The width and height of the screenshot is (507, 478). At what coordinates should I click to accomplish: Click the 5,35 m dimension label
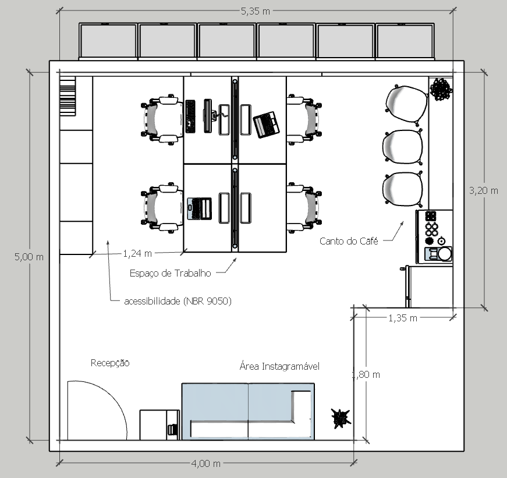point(255,10)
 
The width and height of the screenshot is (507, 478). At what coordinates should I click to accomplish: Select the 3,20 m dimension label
point(484,190)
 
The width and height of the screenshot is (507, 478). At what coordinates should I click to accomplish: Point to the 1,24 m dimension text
point(137,253)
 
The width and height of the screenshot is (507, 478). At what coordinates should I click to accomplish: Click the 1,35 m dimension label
point(403,318)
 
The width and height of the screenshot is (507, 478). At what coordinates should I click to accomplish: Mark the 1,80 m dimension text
point(366,374)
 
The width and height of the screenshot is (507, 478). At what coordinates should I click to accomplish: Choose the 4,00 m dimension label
point(206,463)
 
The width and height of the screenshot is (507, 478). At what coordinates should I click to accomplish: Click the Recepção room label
point(109,363)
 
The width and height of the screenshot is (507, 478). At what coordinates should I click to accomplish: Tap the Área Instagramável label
point(279,366)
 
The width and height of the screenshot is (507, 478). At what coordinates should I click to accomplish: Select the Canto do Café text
point(349,241)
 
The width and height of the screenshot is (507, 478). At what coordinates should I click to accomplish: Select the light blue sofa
point(248,410)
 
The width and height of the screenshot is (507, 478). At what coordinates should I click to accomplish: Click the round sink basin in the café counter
point(445,254)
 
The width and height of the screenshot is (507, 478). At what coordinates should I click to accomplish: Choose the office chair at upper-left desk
point(161,119)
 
